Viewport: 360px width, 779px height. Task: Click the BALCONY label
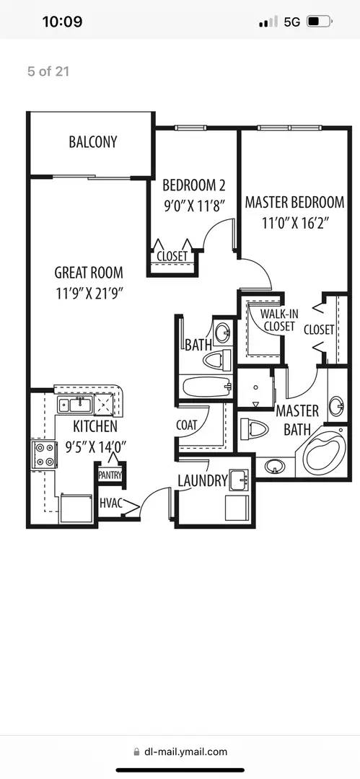pos(92,141)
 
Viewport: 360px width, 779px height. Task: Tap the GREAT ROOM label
pos(89,273)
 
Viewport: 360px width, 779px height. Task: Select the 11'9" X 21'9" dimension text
pos(89,294)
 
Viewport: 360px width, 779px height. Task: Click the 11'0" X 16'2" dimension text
pos(291,222)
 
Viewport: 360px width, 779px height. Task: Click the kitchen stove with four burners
pos(43,454)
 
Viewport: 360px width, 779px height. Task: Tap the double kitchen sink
pos(73,404)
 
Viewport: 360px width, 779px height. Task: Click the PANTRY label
pos(110,475)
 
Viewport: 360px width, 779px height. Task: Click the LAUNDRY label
pos(203,481)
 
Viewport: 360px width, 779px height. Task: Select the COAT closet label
pos(186,425)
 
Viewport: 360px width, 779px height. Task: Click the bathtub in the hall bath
pos(206,385)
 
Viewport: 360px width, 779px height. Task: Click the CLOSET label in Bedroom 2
pos(172,256)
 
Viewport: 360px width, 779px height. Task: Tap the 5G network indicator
pos(291,22)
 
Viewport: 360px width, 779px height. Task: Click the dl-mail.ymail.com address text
pos(186,752)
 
